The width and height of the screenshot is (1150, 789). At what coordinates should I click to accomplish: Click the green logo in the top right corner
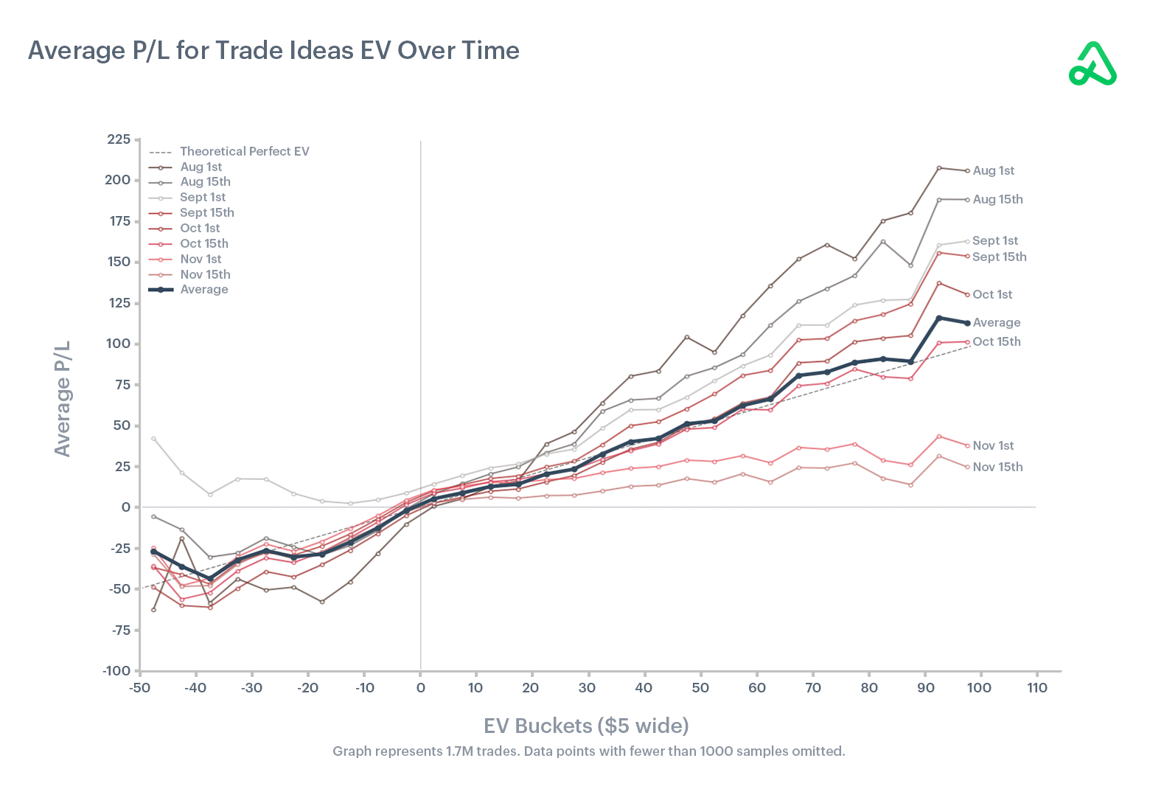tap(1092, 64)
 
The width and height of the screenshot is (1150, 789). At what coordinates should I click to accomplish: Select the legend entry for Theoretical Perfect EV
tap(244, 151)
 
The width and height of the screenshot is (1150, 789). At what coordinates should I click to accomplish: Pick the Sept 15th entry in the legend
tap(206, 212)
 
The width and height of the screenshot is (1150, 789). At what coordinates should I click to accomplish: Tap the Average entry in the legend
tap(203, 289)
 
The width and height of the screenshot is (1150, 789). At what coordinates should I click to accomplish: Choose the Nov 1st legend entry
tap(201, 259)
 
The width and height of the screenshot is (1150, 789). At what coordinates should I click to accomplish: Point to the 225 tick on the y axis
tap(119, 139)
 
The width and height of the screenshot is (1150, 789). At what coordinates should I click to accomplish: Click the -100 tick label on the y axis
tap(116, 670)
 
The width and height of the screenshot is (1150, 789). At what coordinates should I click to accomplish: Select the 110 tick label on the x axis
tap(1036, 687)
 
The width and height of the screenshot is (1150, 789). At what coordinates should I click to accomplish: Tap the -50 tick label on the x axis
tap(138, 687)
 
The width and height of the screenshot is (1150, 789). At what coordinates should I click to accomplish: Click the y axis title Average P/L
tap(63, 398)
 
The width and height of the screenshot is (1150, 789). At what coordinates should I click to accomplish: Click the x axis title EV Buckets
tap(586, 726)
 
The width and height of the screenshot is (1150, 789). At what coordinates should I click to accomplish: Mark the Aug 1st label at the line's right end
tap(993, 170)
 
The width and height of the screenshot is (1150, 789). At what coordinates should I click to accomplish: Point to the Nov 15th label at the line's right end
tap(997, 467)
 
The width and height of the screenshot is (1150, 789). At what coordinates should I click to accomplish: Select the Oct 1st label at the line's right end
tap(992, 294)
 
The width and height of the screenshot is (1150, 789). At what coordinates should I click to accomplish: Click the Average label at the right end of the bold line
tap(996, 322)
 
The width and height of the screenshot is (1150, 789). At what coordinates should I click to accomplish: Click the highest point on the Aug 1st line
tap(938, 168)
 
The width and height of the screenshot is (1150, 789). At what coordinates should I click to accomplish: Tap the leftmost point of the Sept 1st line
tap(153, 439)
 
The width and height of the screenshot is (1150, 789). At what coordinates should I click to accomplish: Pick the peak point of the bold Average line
tap(938, 318)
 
